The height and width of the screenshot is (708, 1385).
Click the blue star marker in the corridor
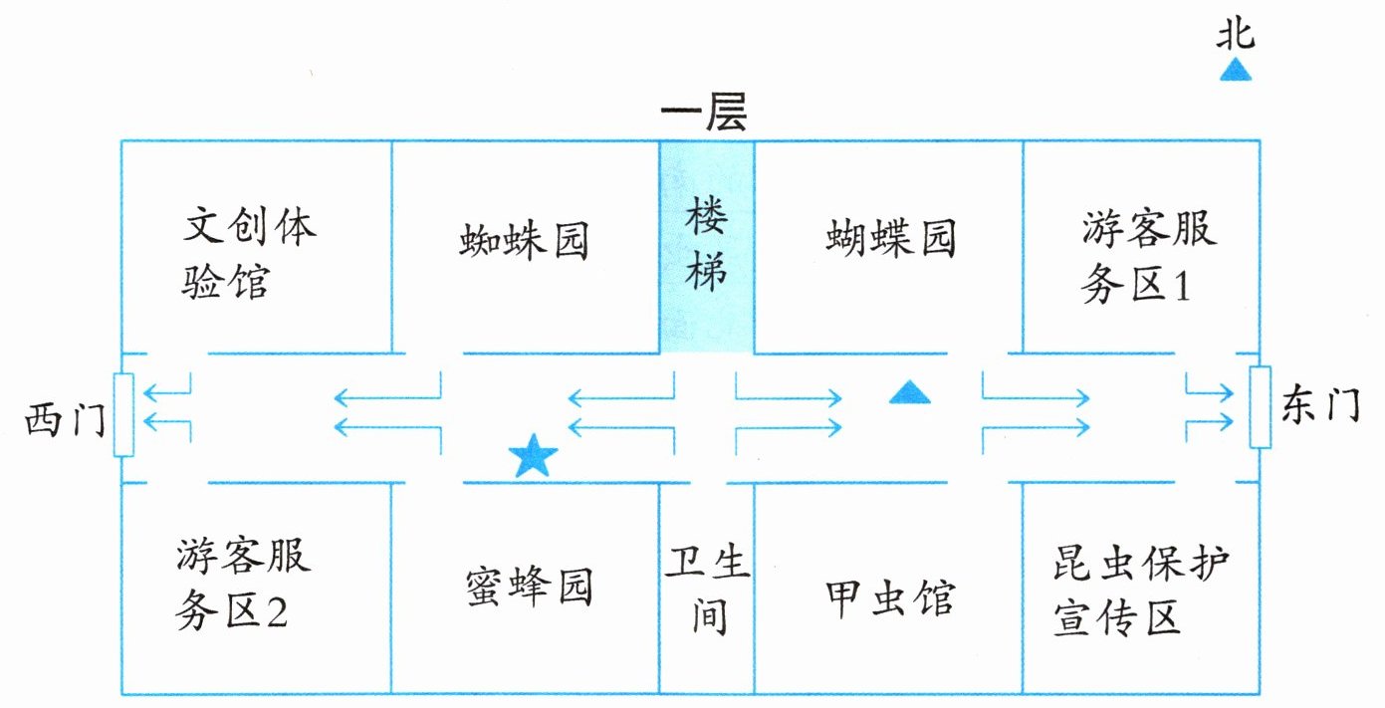click(533, 456)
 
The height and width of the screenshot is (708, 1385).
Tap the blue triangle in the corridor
click(909, 392)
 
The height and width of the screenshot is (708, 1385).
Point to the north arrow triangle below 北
click(1236, 70)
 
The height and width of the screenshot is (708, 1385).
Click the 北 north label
click(1236, 34)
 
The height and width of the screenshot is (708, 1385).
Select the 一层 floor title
click(704, 112)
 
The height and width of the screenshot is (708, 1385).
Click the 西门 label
click(65, 419)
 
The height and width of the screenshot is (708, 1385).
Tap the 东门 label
click(1320, 405)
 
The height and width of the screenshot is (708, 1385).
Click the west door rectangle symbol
click(123, 415)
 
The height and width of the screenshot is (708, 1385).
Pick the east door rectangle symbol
click(1261, 407)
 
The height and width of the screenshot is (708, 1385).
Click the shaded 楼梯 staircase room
click(707, 247)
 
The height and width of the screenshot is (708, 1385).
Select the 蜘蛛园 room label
click(523, 241)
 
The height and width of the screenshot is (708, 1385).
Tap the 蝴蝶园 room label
click(891, 238)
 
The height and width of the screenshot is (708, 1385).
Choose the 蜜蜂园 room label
click(530, 587)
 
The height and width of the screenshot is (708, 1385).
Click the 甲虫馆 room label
click(890, 597)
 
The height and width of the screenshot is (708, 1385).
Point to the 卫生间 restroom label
click(707, 590)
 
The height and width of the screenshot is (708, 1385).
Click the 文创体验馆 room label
click(249, 254)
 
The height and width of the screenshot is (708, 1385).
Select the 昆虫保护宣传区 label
click(1141, 590)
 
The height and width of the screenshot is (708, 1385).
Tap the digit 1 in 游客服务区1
click(1182, 287)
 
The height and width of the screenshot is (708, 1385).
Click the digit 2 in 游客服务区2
click(277, 612)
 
